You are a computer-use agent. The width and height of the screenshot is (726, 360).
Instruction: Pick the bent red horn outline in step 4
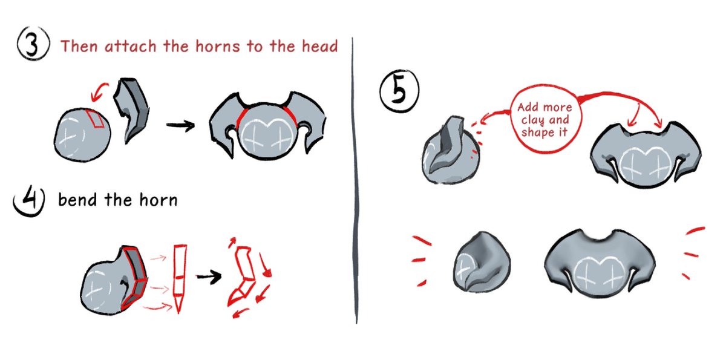tap(246, 275)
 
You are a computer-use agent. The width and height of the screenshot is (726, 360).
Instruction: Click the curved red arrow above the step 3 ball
tap(99, 92)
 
